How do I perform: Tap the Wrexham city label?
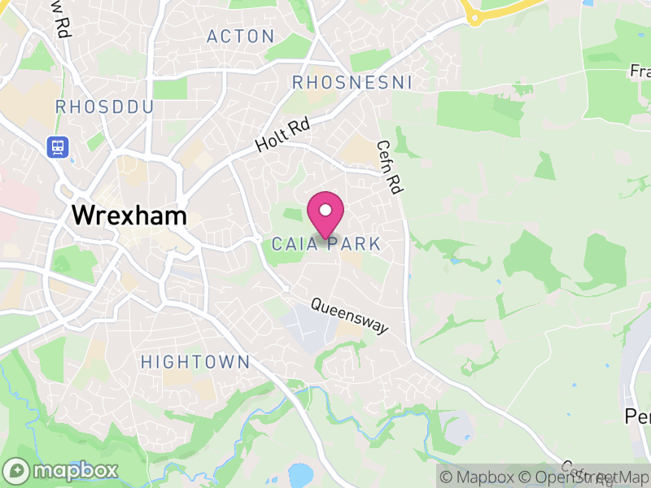[x=129, y=216]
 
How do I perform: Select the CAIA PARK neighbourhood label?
[x=325, y=244]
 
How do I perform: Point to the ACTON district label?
[x=240, y=37]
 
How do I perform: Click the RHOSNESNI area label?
[x=352, y=83]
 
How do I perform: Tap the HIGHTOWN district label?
[x=195, y=362]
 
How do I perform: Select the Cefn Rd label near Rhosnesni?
[x=390, y=166]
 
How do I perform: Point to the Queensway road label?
[x=350, y=316]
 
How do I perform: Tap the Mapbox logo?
[x=61, y=470]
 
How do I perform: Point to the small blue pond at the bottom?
[x=300, y=475]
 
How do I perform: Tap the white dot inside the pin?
[x=325, y=210]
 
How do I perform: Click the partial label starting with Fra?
[x=640, y=72]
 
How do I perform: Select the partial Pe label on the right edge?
[x=637, y=416]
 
